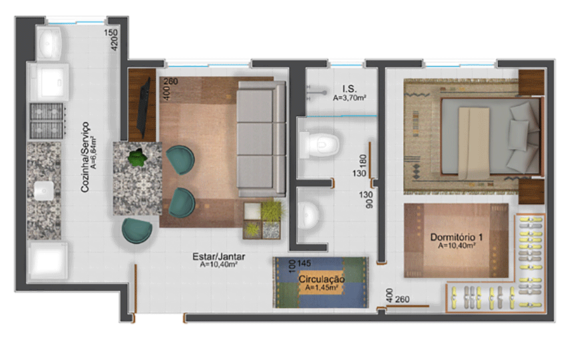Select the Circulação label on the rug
[x=321, y=280]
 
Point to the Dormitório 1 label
[x=456, y=237]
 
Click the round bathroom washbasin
[x=309, y=215]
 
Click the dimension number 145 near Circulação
[x=305, y=264]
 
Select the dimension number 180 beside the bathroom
[x=363, y=162]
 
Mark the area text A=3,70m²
[x=351, y=97]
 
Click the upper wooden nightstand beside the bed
[x=532, y=83]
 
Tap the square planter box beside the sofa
[x=263, y=220]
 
